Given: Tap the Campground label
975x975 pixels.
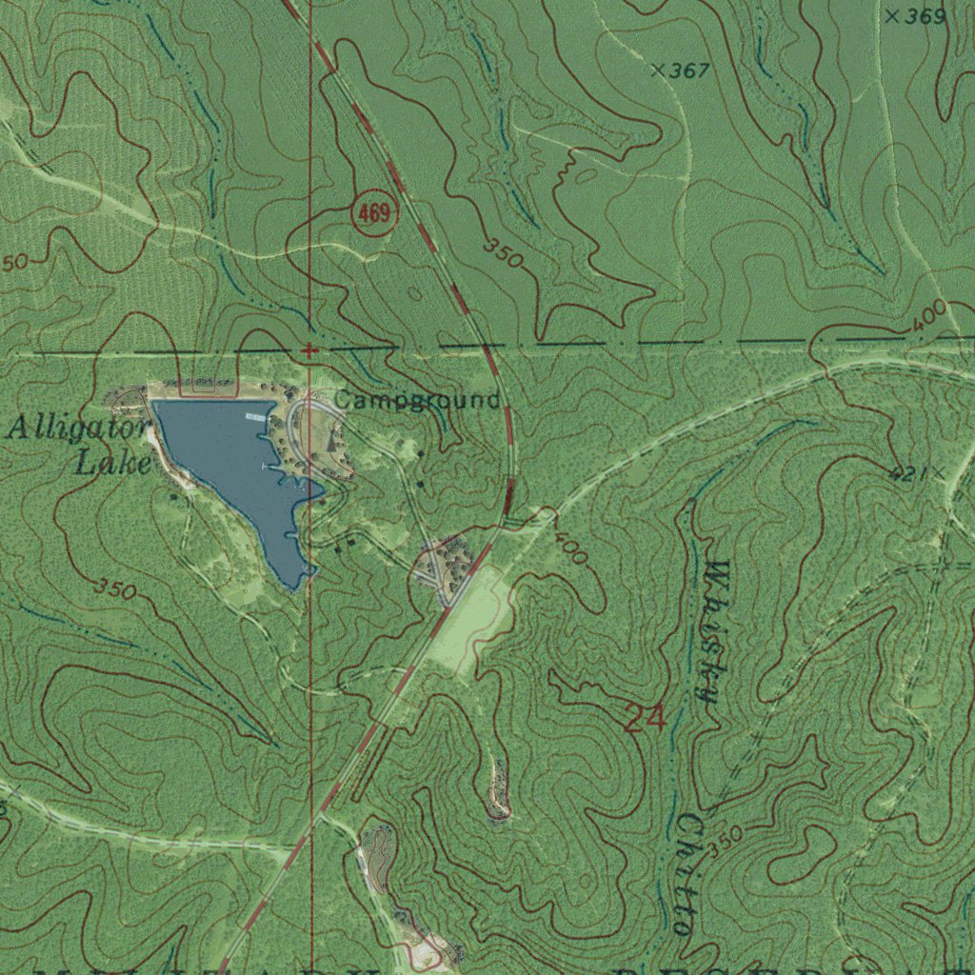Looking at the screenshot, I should (416, 400).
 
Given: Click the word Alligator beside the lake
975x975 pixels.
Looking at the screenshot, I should (76, 428).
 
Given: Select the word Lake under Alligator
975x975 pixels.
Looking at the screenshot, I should (113, 464).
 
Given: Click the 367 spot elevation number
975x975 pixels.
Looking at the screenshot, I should (689, 70).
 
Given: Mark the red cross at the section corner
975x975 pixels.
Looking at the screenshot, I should (308, 350).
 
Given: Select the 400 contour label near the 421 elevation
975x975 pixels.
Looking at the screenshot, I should (929, 315).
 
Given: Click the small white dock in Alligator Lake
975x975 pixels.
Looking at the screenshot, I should (256, 417).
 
